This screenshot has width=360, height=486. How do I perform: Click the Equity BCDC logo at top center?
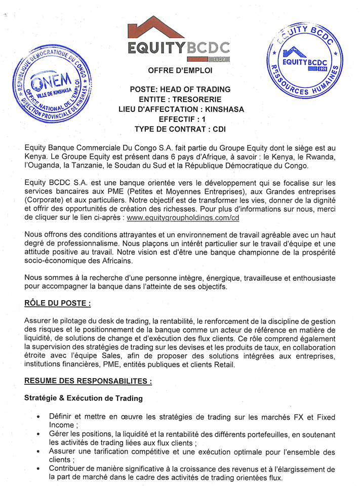[x=178, y=37]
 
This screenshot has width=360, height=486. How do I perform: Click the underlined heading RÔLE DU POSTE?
[x=58, y=303]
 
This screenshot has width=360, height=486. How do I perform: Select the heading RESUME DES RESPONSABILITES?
[x=87, y=380]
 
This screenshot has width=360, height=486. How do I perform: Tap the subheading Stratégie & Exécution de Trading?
[x=84, y=398]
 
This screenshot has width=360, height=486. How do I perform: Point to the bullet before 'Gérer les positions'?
[x=38, y=435]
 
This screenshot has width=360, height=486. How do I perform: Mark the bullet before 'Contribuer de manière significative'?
[x=38, y=470]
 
